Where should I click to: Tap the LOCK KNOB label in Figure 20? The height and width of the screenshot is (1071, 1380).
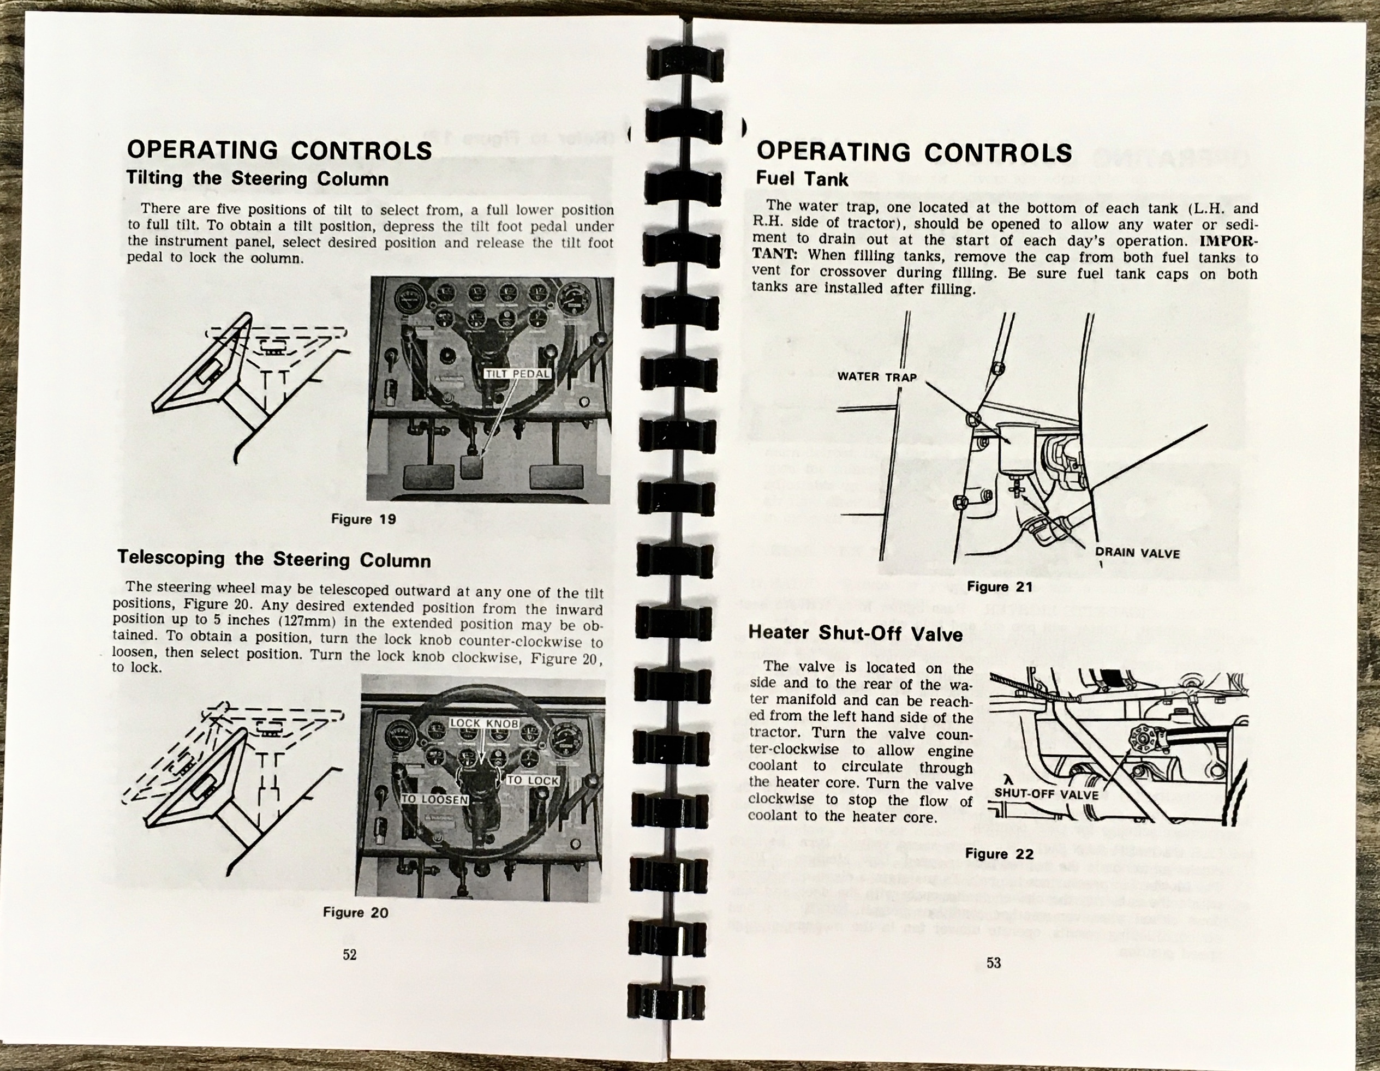tap(484, 723)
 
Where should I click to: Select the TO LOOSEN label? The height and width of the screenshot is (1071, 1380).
tap(435, 799)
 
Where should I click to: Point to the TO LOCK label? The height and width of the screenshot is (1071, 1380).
tap(533, 780)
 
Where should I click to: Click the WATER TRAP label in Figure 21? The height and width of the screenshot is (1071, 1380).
tap(876, 376)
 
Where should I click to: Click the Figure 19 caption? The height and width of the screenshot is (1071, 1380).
tap(363, 519)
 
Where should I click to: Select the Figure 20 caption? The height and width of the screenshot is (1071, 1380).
tap(355, 912)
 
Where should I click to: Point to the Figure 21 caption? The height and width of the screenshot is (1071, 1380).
tap(999, 587)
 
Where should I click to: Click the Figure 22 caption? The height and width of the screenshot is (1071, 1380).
tap(999, 854)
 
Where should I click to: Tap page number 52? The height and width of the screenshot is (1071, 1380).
tap(349, 955)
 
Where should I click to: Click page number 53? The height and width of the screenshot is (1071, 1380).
tap(993, 963)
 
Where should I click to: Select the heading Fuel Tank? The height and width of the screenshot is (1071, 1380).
tap(801, 179)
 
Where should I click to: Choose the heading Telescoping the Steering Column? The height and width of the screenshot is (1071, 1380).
tap(274, 559)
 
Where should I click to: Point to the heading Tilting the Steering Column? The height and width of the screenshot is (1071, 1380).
tap(257, 178)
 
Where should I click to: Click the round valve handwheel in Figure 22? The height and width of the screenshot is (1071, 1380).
tap(1141, 736)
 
